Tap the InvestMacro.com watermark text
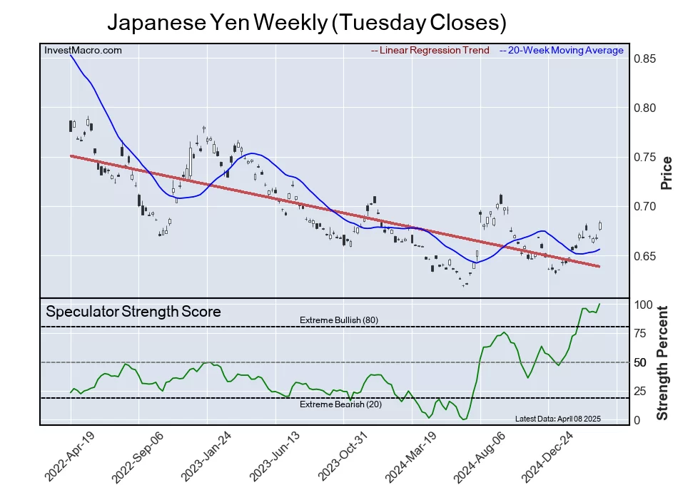83,51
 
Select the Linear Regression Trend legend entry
430,51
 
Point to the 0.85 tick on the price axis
645,58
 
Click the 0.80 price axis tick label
645,108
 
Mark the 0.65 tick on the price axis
645,256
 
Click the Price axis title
667,173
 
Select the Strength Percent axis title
663,362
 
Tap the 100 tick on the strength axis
644,305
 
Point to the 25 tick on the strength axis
641,391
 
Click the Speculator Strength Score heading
133,312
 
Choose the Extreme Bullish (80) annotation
339,320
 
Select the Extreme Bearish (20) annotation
338,404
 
